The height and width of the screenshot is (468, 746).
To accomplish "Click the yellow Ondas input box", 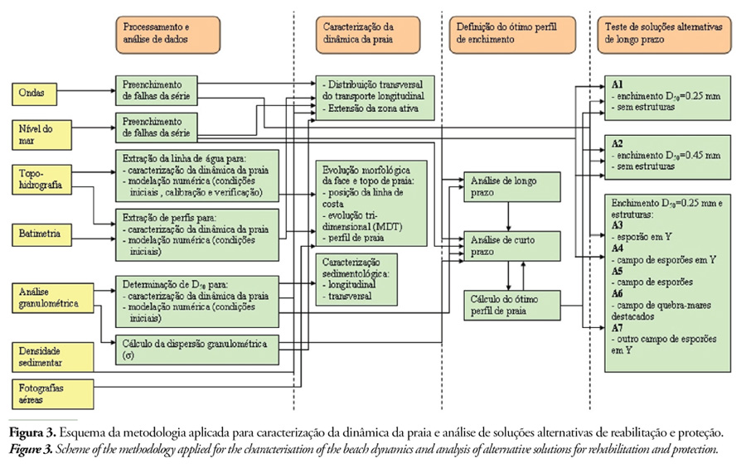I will pyautogui.click(x=38, y=92).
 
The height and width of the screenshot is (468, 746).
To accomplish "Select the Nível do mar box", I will pyautogui.click(x=38, y=133).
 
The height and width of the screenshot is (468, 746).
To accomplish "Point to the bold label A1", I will pyautogui.click(x=618, y=85).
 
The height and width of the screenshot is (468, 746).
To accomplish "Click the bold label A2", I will pyautogui.click(x=618, y=142).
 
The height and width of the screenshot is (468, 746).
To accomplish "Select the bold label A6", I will pyautogui.click(x=618, y=293).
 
